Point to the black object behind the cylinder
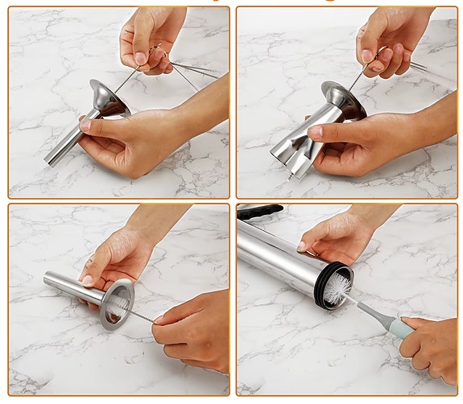point(259,212)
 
